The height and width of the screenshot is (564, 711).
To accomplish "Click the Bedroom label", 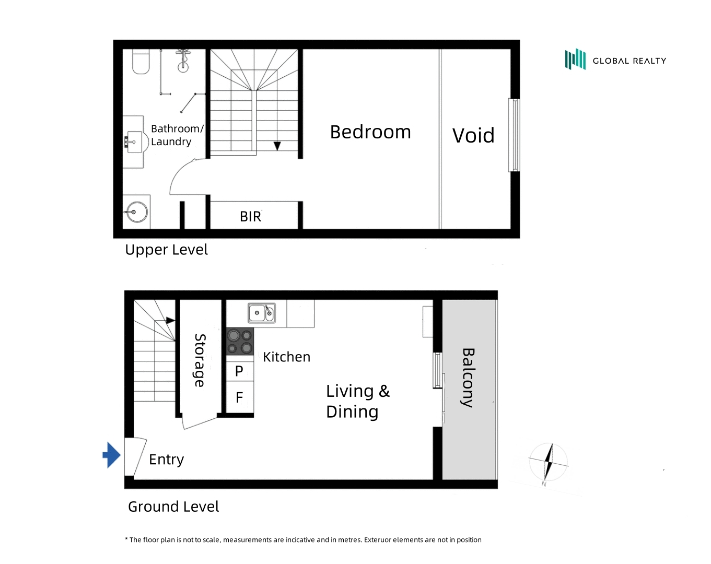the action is (370, 132).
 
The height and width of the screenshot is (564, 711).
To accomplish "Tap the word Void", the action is (473, 135).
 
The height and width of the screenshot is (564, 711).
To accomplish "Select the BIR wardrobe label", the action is (250, 217).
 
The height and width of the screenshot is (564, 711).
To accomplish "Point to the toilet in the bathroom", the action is (141, 62).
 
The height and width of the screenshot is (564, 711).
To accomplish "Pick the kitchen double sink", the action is (262, 313).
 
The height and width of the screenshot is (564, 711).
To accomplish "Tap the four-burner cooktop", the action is (240, 342).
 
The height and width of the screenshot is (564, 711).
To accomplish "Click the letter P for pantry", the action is (239, 371).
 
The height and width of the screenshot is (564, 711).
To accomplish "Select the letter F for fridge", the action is (240, 397).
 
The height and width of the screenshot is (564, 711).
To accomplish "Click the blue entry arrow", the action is (112, 455).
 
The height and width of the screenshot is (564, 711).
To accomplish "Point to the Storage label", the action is (200, 360).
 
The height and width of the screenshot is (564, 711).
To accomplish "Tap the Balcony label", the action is (468, 378).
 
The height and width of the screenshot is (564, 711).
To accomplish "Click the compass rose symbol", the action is (548, 463).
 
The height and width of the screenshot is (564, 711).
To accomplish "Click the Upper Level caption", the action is (166, 250).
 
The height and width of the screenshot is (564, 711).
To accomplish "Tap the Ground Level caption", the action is (173, 507).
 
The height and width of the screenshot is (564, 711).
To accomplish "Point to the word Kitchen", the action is (286, 357).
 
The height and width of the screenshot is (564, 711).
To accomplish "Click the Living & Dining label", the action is (358, 401).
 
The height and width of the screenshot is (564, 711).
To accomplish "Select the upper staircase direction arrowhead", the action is (277, 146).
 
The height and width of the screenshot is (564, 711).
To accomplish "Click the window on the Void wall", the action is (514, 135).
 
